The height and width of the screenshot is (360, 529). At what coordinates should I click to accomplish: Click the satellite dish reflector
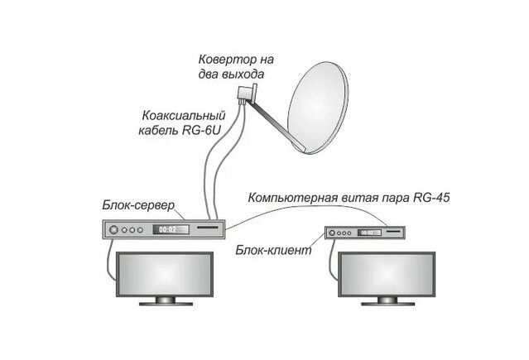320,107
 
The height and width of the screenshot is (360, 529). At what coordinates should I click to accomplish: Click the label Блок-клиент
272,248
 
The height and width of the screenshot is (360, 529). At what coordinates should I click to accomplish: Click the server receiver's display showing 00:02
168,228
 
